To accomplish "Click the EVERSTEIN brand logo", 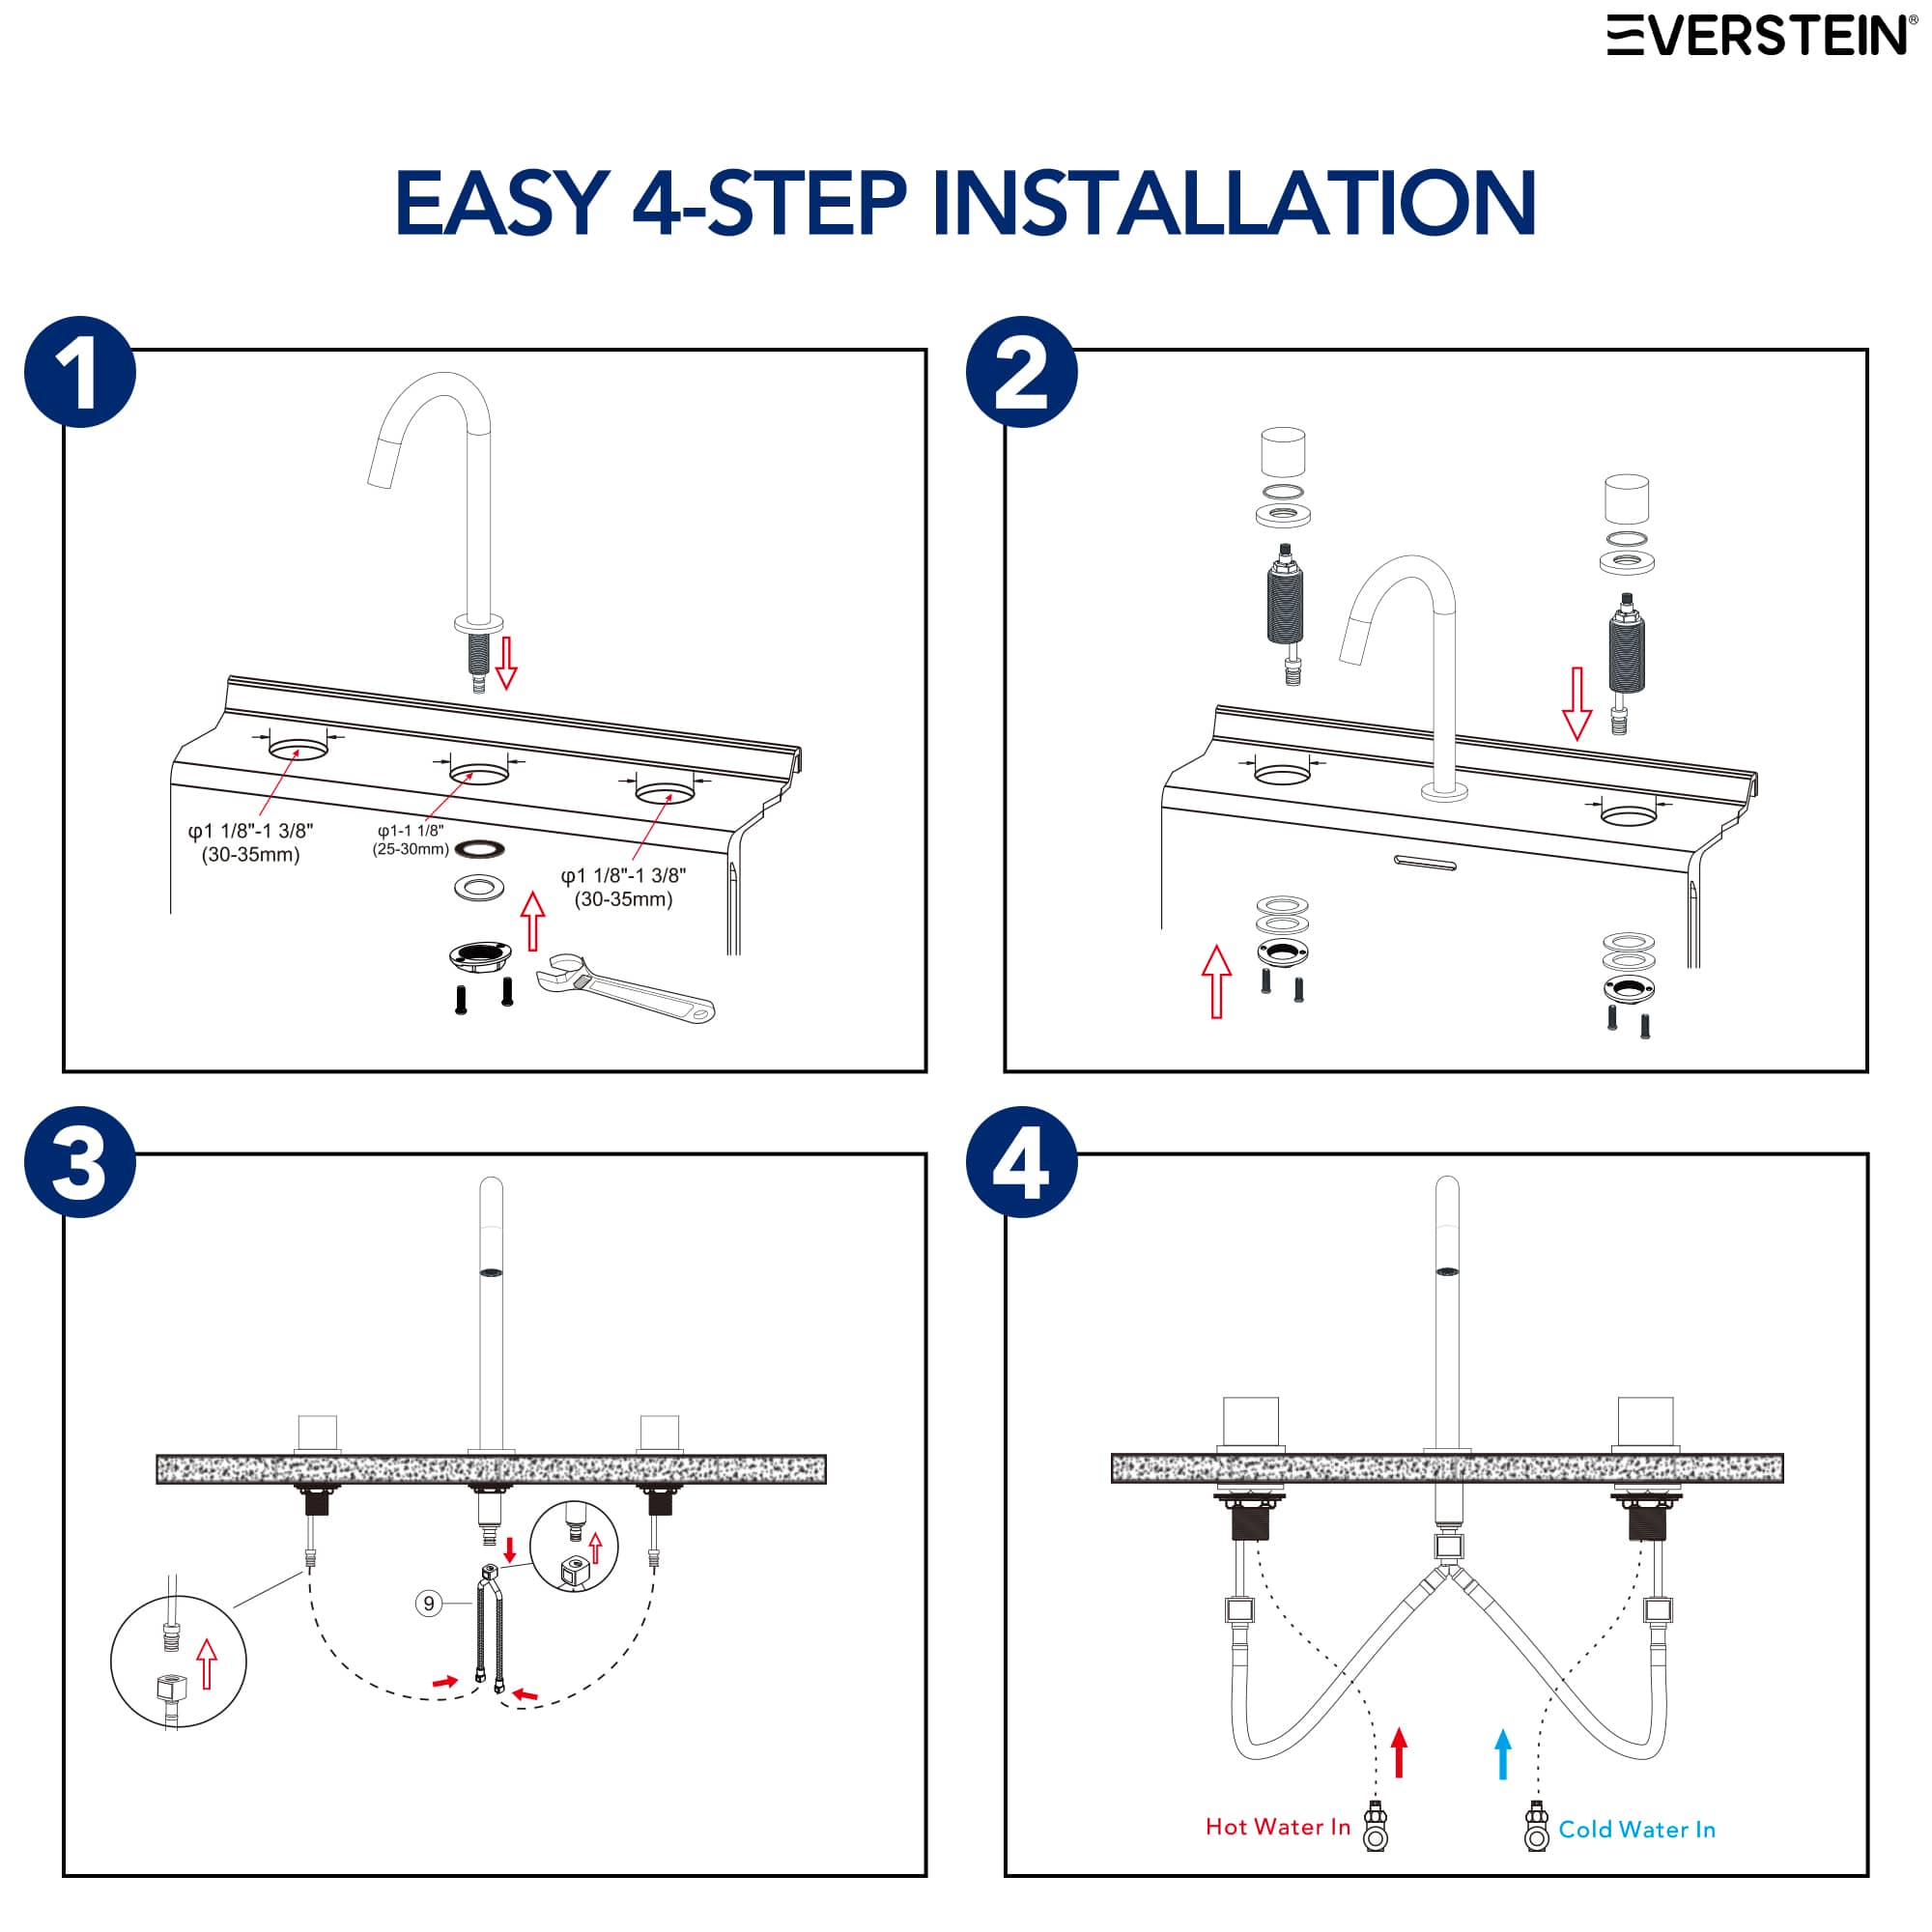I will (1761, 35).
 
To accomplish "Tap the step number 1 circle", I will (80, 372).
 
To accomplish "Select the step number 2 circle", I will (1021, 372).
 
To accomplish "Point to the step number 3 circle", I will (80, 1162).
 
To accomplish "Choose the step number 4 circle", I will (1021, 1162).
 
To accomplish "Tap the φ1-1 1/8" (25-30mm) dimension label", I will (410, 840).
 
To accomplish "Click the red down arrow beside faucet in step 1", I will (507, 661).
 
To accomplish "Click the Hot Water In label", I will (1277, 1827).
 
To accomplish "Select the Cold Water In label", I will (1637, 1829).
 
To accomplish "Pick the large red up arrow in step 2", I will (1216, 981).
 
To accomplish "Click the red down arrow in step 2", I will (1577, 704).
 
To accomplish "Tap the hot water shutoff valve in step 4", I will (1376, 1826).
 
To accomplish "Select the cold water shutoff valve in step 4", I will (1537, 1826).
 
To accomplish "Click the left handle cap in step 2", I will (1283, 452).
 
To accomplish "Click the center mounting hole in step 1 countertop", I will (479, 773).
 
